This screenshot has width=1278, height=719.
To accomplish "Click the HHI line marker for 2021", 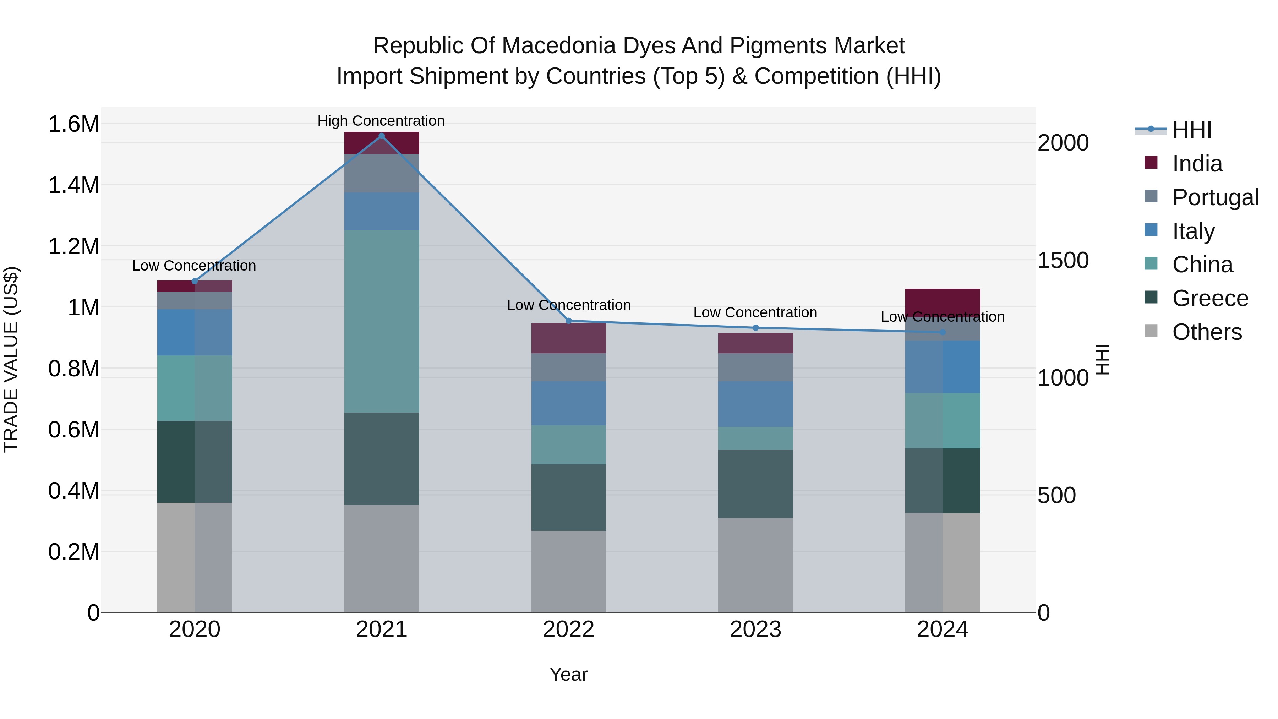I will tap(382, 136).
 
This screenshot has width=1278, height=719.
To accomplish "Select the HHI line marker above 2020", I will tap(195, 281).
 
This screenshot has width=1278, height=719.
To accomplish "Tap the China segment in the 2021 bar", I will tap(382, 321).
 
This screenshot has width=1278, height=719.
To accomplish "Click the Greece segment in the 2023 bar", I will tap(755, 484).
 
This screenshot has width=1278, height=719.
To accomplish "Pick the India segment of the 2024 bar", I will tap(943, 300).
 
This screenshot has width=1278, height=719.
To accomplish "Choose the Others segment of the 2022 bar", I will tap(569, 571).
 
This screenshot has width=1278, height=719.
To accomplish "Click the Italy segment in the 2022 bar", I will tap(569, 403).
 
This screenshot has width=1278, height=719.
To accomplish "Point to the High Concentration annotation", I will tap(381, 121).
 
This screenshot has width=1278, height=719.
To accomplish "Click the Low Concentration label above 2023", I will tap(755, 312).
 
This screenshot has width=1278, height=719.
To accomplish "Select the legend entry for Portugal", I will tap(1215, 197).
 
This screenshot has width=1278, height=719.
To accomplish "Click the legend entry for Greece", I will tap(1210, 298).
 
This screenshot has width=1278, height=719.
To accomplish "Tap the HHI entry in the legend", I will tap(1192, 130).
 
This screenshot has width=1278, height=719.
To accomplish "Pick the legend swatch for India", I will tap(1151, 163).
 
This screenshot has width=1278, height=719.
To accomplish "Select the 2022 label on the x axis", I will tap(569, 630).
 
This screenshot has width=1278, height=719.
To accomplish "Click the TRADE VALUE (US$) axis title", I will tap(11, 359).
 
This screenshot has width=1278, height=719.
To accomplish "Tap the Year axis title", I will tap(569, 674).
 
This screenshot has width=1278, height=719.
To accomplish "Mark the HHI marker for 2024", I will tap(943, 332).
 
